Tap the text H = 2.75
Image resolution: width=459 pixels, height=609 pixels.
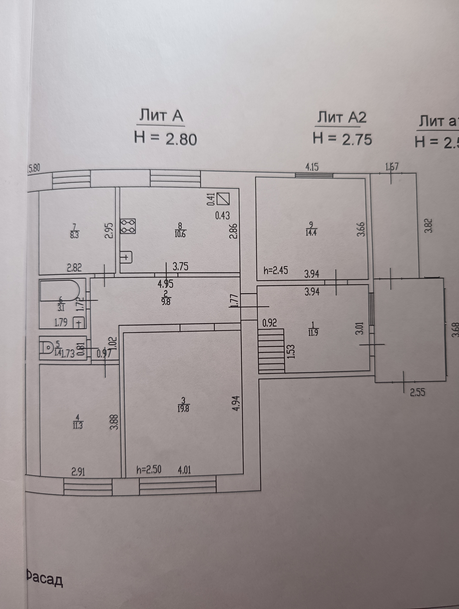click(342, 139)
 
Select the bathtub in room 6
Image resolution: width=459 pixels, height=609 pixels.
click(60, 290)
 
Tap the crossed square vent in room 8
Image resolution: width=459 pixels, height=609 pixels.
click(223, 199)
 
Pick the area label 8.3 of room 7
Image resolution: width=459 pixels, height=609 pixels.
click(74, 236)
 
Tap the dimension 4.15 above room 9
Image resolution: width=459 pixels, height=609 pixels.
click(312, 167)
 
